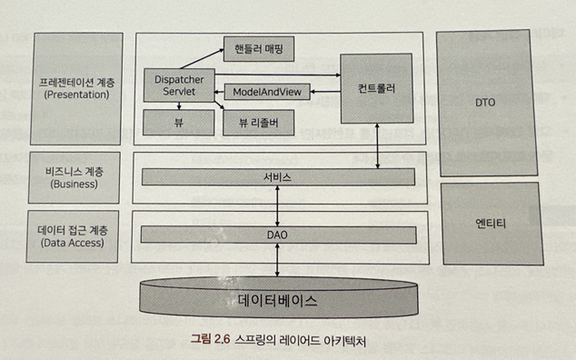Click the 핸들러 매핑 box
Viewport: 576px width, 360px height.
pyautogui.click(x=259, y=48)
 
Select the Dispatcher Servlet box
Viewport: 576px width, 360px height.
pyautogui.click(x=179, y=85)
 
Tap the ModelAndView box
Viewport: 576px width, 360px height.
pyautogui.click(x=267, y=92)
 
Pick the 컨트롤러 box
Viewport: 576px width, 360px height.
pyautogui.click(x=376, y=88)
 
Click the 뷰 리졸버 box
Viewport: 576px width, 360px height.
pyautogui.click(x=259, y=123)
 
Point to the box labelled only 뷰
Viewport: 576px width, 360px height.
pyautogui.click(x=179, y=123)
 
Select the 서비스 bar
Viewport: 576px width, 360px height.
pyautogui.click(x=278, y=177)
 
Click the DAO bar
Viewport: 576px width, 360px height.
pyautogui.click(x=278, y=235)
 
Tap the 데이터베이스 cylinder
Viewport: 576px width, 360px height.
pyautogui.click(x=278, y=298)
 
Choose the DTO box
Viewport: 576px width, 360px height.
pyautogui.click(x=486, y=103)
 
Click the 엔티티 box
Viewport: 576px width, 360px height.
pyautogui.click(x=492, y=224)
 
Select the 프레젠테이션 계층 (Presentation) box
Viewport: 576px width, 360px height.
pyautogui.click(x=76, y=88)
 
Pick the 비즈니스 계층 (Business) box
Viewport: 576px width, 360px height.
pyautogui.click(x=74, y=177)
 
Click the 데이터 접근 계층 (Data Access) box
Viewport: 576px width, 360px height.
pyautogui.click(x=73, y=236)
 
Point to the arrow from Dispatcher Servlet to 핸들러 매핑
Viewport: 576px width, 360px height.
pyautogui.click(x=202, y=58)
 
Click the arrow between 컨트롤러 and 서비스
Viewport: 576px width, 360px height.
pyautogui.click(x=377, y=146)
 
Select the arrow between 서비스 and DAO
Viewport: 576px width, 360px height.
pyautogui.click(x=277, y=205)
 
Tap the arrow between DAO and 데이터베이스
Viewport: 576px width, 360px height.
pyautogui.click(x=277, y=260)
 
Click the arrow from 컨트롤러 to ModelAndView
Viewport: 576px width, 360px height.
pyautogui.click(x=325, y=92)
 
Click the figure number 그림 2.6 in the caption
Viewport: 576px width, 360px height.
pyautogui.click(x=210, y=339)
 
